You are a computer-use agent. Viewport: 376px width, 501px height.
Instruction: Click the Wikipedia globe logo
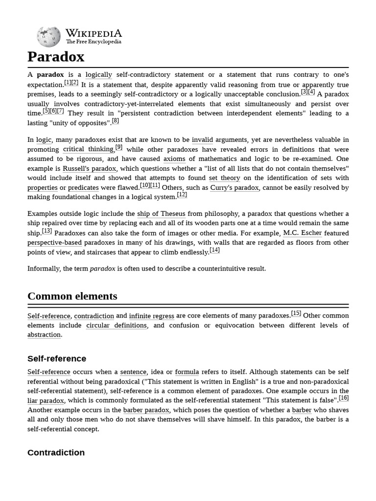(48, 37)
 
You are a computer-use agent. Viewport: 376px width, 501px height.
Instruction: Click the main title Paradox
(56, 57)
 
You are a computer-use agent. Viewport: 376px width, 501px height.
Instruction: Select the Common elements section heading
(72, 296)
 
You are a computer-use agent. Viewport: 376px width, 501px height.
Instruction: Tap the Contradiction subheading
(56, 453)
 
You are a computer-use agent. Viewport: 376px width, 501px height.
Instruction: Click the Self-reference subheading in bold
(57, 359)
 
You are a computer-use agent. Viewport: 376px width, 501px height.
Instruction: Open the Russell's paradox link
(89, 168)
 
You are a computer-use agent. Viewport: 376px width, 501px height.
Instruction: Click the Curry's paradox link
(235, 187)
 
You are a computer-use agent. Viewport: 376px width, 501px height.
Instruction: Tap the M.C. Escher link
(302, 233)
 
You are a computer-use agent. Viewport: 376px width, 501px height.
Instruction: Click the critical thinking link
(88, 149)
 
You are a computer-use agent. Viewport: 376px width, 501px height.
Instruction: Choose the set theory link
(224, 178)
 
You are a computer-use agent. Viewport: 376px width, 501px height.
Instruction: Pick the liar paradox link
(46, 401)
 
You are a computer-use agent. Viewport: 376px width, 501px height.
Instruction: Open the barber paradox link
(146, 410)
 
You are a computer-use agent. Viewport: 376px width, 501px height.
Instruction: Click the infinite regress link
(151, 316)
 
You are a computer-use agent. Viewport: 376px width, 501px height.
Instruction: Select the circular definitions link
(117, 325)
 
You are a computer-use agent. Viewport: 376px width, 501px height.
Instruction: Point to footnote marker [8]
(115, 121)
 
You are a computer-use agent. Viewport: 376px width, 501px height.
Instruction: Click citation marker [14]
(214, 250)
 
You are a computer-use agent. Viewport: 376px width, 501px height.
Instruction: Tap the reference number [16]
(344, 398)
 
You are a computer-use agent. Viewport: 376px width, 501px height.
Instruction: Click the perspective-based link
(54, 243)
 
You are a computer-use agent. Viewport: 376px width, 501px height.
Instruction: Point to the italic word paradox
(102, 269)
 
